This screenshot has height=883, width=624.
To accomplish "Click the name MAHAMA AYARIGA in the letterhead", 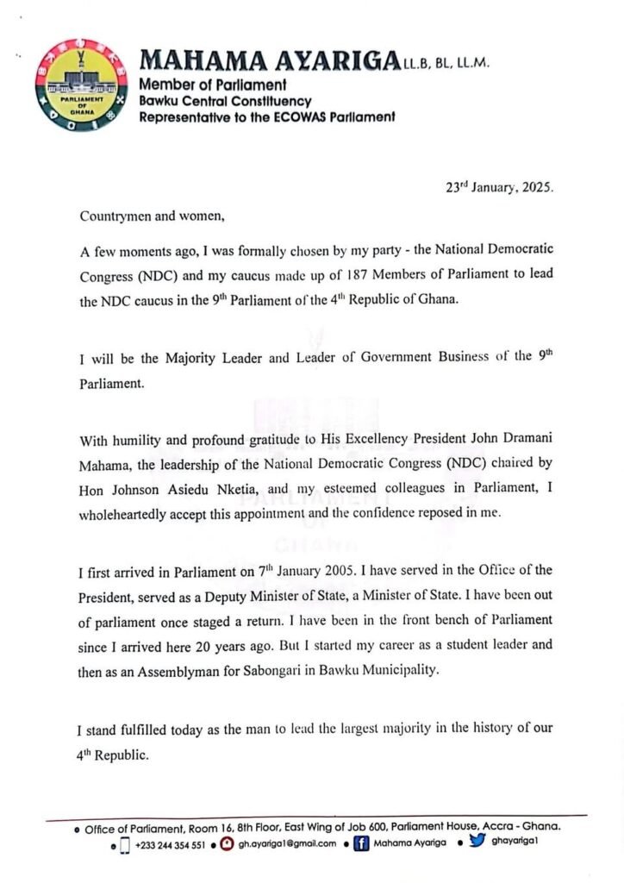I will tap(269, 60).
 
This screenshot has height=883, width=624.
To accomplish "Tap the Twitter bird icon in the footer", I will tap(477, 843).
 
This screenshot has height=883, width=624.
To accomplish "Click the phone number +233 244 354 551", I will tap(170, 845).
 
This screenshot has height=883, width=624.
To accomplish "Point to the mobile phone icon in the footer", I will tap(124, 845).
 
